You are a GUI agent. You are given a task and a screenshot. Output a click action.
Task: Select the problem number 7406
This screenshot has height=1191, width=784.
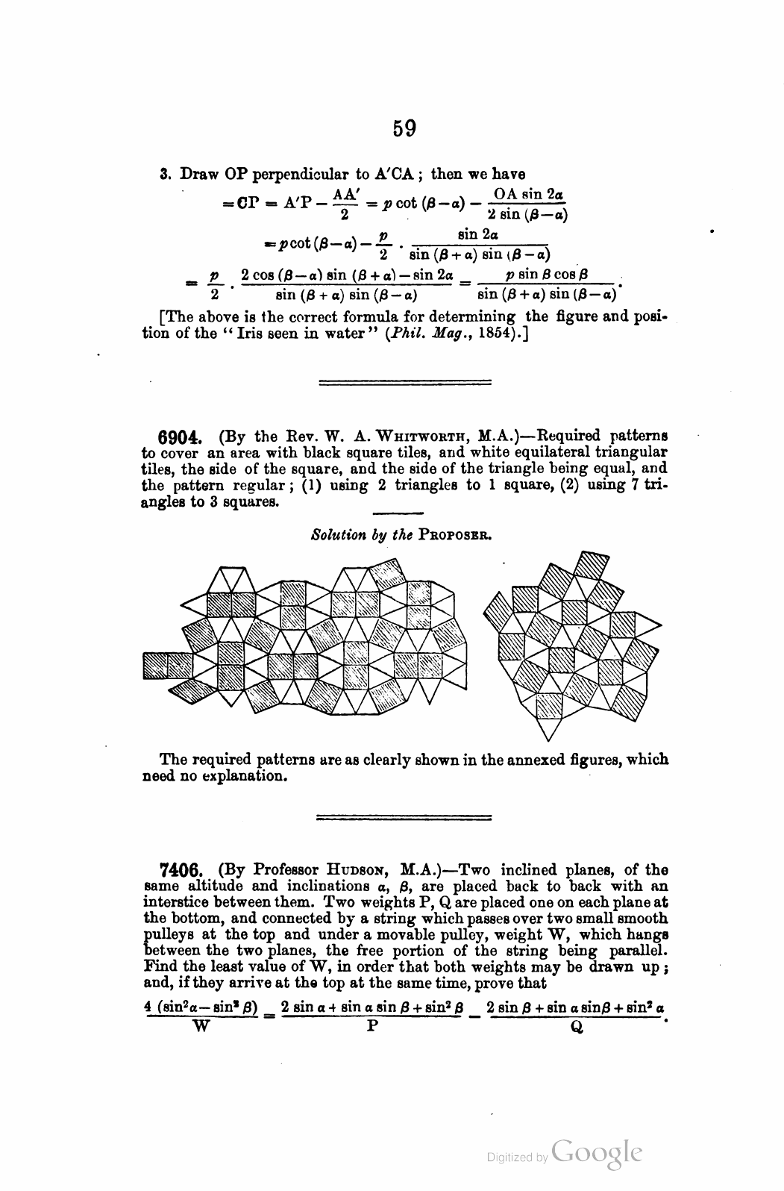tap(178, 870)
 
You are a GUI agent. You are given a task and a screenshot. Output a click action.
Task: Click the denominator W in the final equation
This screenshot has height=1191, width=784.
tap(201, 1026)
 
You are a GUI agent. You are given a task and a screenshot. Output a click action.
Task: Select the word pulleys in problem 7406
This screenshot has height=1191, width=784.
tap(166, 935)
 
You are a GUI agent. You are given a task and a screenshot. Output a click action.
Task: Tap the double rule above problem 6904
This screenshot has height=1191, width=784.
tap(404, 384)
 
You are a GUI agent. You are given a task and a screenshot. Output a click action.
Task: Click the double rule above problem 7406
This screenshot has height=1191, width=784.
tap(404, 818)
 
